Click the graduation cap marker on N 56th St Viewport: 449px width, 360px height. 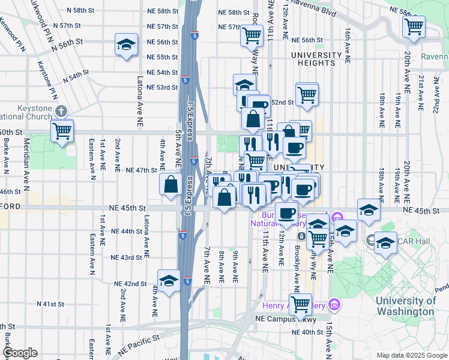coord(126,44)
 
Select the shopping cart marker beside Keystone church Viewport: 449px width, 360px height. coord(62,130)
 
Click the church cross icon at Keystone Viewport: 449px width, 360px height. coord(61,111)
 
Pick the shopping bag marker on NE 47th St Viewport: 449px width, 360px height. coord(170,185)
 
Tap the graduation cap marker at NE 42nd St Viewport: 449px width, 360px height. coord(169,280)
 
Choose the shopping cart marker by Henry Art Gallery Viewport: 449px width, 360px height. coord(300,304)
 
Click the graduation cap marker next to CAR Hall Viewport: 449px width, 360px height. coord(385,243)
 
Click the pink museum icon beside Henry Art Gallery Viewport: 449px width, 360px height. coord(335,306)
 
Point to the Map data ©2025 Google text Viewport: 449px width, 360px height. coord(411,355)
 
